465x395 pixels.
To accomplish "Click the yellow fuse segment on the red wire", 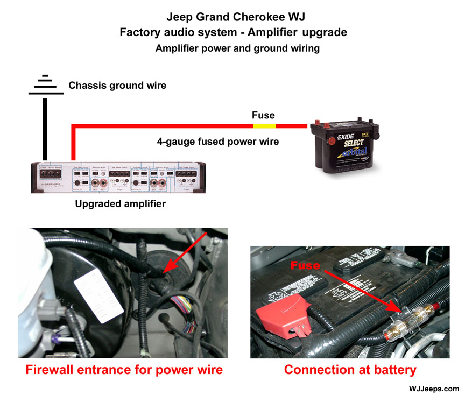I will (x=264, y=126).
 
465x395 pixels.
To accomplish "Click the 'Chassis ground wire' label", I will (x=117, y=86).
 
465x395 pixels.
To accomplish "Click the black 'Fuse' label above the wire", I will (x=263, y=115).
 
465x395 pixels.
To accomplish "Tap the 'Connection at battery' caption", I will (x=350, y=370).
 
